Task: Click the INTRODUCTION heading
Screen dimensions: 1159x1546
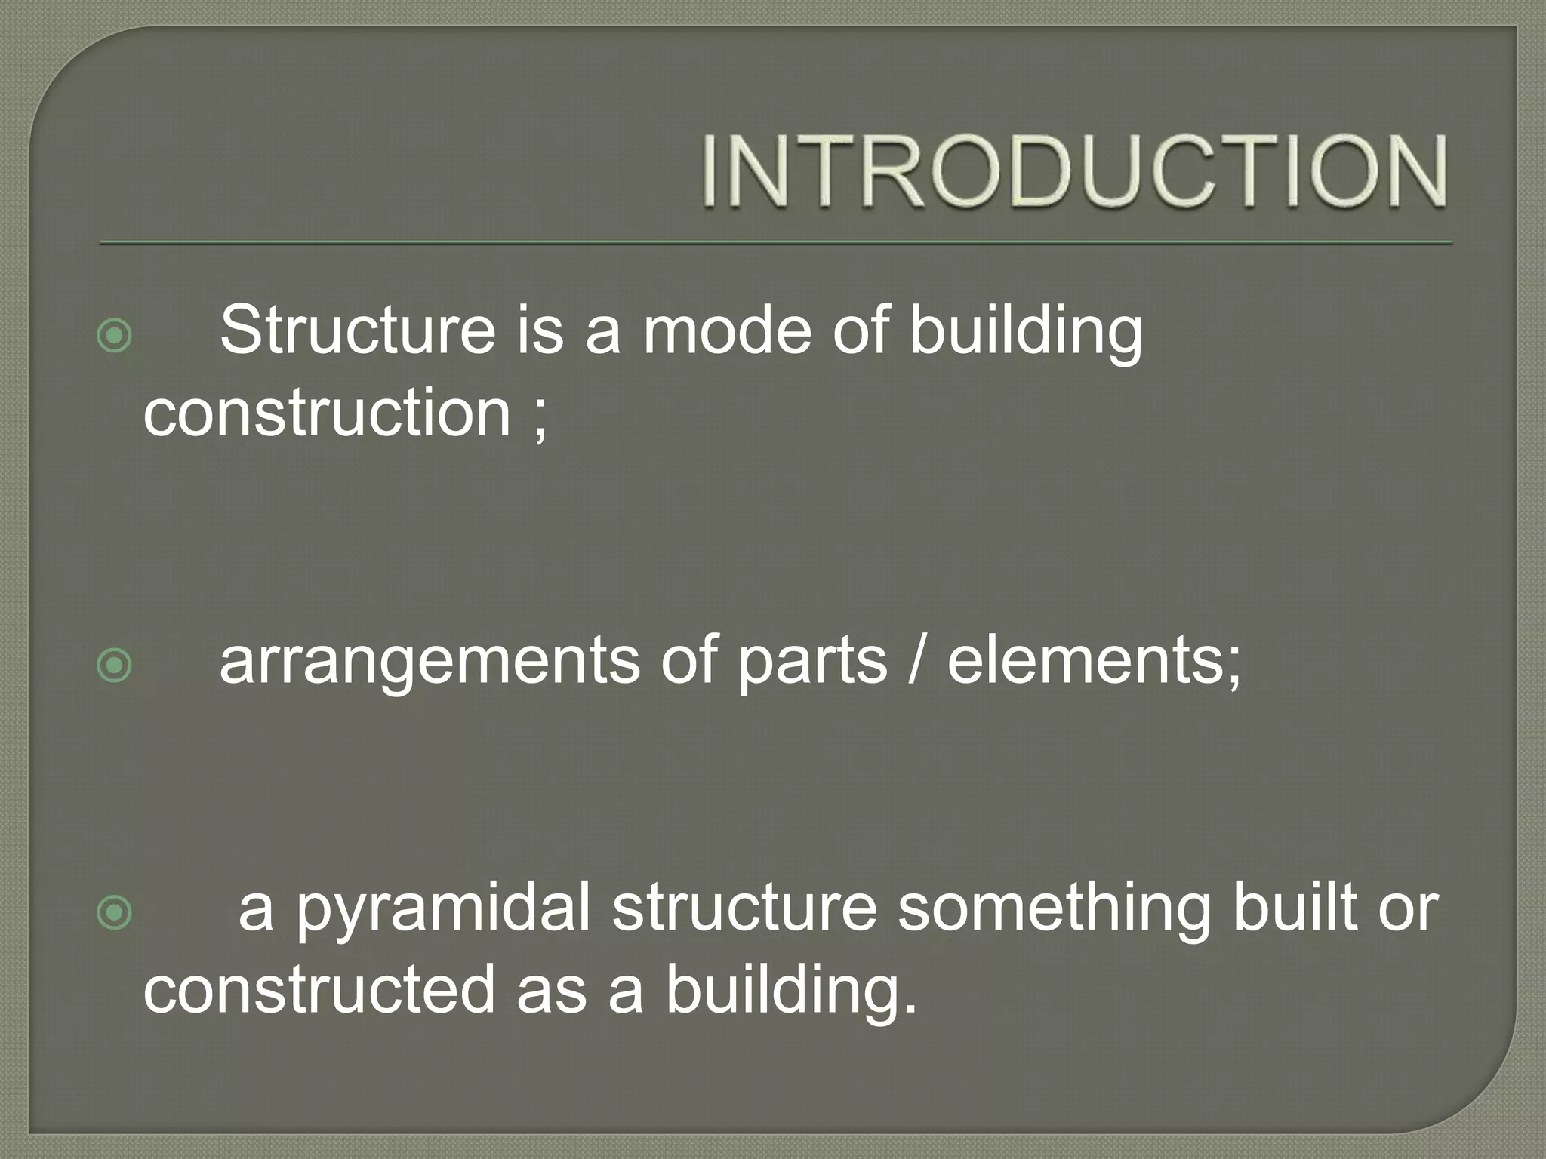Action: click(x=1075, y=171)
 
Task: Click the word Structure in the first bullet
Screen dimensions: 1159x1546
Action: click(x=357, y=330)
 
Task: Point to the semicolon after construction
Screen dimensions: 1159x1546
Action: click(x=540, y=417)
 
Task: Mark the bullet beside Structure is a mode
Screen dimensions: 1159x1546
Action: click(x=115, y=335)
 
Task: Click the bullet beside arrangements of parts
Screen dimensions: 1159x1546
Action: click(x=115, y=665)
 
